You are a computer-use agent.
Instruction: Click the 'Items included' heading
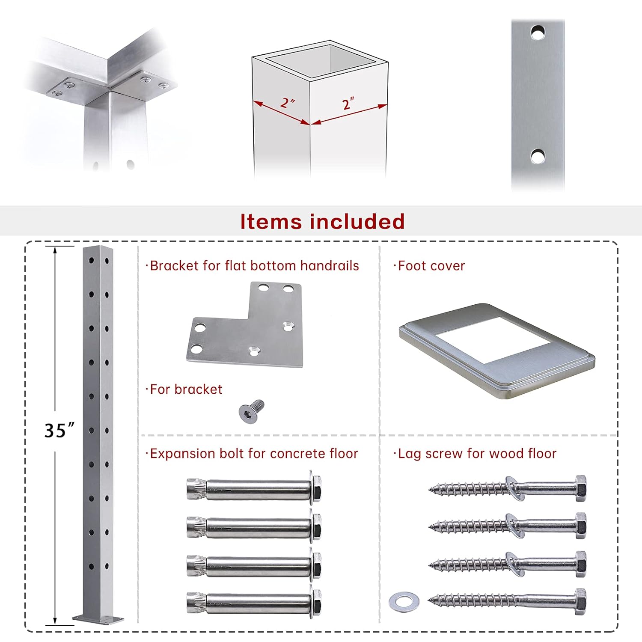coord(322,222)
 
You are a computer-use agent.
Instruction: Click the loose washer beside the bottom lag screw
coord(404,601)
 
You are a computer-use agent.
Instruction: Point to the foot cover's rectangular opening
coord(492,339)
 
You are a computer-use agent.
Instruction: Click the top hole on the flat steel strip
coord(538,33)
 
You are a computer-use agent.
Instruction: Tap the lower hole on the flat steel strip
coord(538,156)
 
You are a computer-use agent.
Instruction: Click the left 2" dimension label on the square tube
coord(288,103)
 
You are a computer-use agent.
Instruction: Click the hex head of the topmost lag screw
coord(581,488)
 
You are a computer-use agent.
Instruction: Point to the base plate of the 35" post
coord(98,618)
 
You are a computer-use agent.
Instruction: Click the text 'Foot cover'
coord(431,266)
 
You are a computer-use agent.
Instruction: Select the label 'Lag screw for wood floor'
coord(477,454)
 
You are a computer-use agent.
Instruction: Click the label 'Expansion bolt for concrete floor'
coord(254,454)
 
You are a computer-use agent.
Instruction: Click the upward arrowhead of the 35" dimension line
coord(55,250)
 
